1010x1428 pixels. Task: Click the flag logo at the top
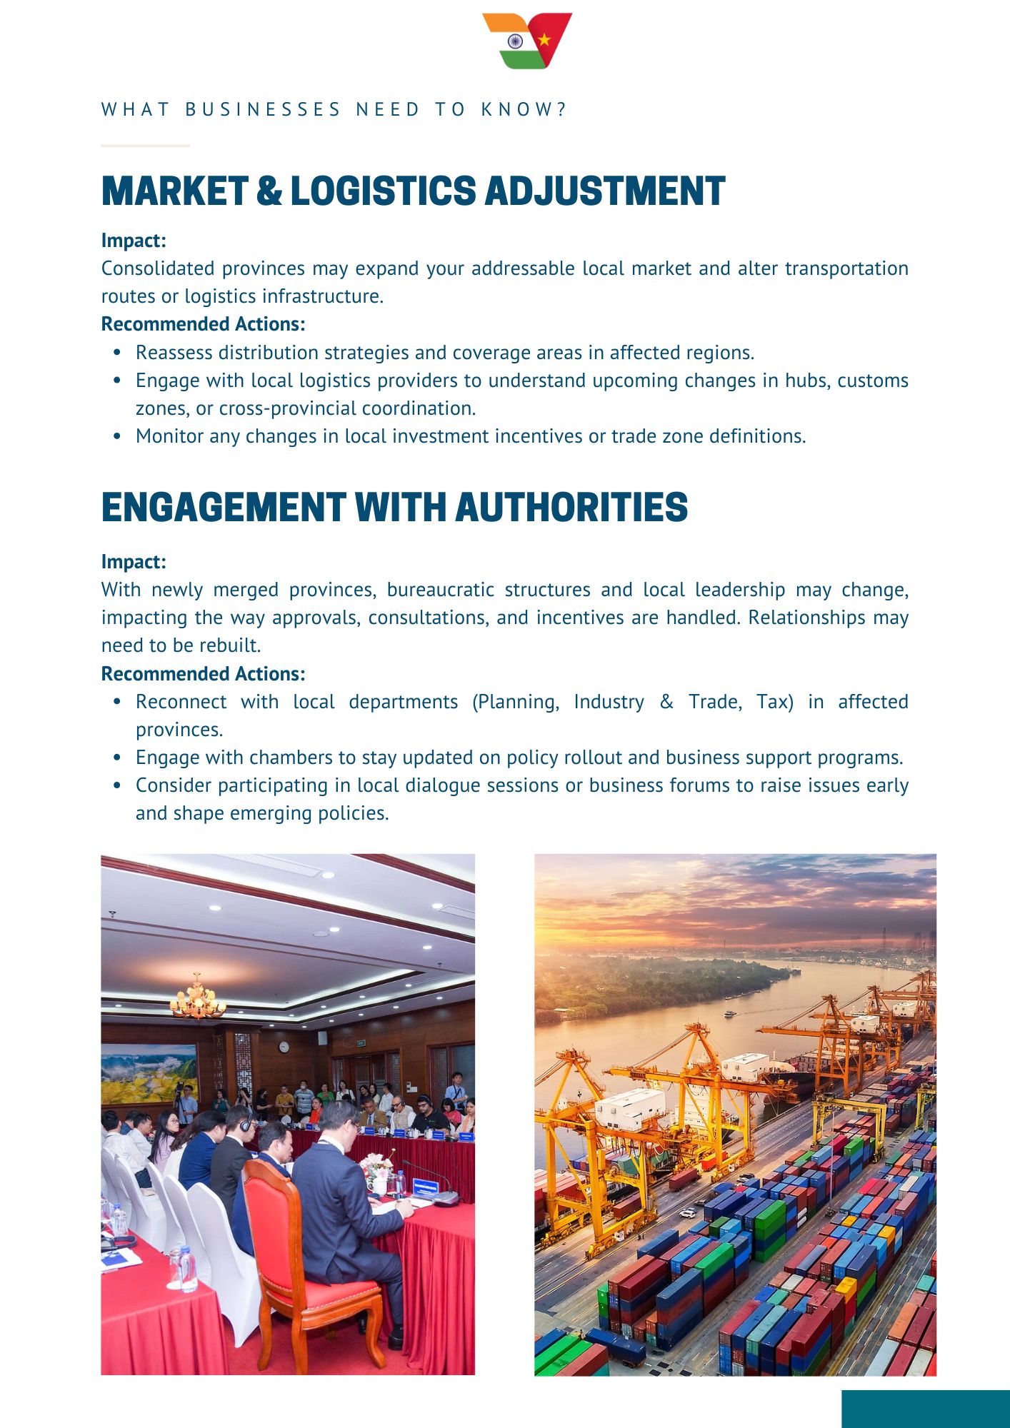527,41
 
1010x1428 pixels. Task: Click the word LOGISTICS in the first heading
383,191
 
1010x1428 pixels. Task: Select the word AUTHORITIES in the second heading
571,508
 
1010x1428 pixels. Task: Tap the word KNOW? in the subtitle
524,109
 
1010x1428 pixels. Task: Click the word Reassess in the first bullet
174,353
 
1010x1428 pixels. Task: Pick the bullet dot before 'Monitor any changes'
117,436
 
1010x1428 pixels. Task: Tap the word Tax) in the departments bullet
775,702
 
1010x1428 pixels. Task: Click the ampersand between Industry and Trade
666,702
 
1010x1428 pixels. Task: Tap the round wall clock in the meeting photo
284,1047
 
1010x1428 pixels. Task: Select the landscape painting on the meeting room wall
149,1073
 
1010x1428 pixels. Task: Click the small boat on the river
729,1013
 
